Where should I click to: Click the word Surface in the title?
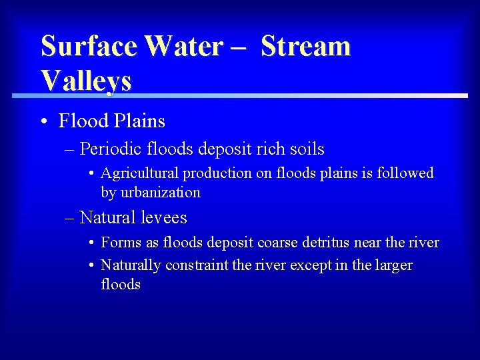89,47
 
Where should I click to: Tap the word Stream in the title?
305,47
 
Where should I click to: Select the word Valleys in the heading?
86,80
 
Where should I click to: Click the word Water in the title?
184,47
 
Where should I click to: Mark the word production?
217,173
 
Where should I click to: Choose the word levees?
164,218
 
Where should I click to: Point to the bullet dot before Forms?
91,243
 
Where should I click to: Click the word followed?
405,173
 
